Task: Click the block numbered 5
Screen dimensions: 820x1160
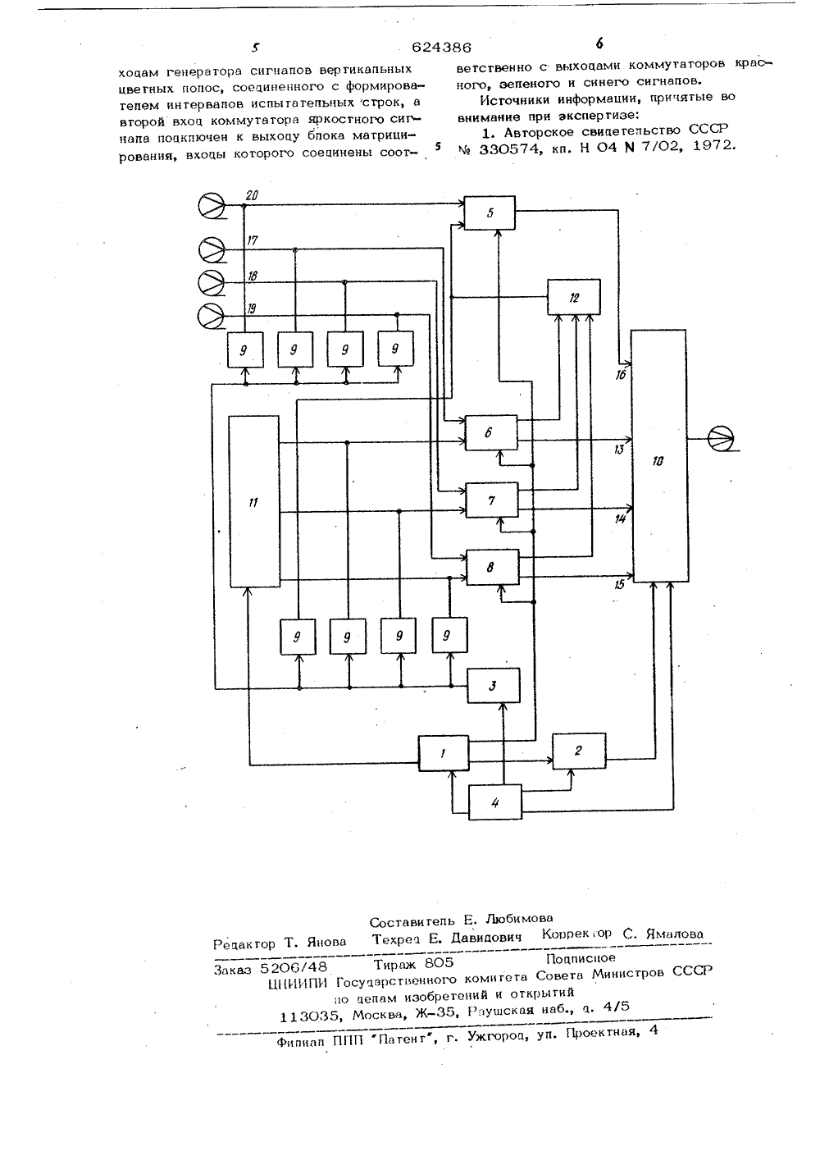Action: pyautogui.click(x=490, y=212)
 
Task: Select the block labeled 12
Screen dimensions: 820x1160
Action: pyautogui.click(x=574, y=297)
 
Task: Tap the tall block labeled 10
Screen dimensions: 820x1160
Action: pyautogui.click(x=659, y=456)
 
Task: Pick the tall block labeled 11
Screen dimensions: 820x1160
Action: pyautogui.click(x=254, y=501)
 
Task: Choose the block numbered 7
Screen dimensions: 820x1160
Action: pyautogui.click(x=492, y=500)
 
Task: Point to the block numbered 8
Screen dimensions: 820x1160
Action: pyautogui.click(x=493, y=568)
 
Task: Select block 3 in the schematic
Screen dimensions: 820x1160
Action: pyautogui.click(x=494, y=686)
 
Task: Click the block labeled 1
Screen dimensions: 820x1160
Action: pyautogui.click(x=444, y=753)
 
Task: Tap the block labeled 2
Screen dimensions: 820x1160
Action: pyautogui.click(x=579, y=751)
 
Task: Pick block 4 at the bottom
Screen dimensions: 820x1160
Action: pyautogui.click(x=495, y=802)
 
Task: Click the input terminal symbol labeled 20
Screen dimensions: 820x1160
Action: pyautogui.click(x=212, y=206)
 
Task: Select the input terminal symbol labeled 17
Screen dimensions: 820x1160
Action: pyautogui.click(x=212, y=250)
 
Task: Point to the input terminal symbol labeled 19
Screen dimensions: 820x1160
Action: pyautogui.click(x=211, y=315)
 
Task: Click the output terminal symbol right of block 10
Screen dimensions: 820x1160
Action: pyautogui.click(x=721, y=439)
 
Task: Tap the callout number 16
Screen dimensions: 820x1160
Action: pyautogui.click(x=621, y=375)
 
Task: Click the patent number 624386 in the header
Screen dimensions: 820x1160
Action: pyautogui.click(x=442, y=48)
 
